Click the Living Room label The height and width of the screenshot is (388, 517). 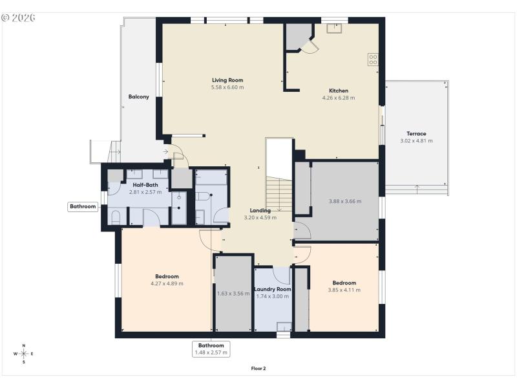point(227,80)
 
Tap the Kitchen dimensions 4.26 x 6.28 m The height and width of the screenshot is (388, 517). point(339,98)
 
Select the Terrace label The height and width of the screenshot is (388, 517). point(416,134)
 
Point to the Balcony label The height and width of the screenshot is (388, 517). point(138,97)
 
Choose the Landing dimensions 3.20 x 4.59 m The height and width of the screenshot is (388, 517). point(260,218)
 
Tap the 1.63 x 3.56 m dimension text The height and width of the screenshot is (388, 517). point(233,293)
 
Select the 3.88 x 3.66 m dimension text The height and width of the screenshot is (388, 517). point(344,201)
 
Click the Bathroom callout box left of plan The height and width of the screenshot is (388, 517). point(83,207)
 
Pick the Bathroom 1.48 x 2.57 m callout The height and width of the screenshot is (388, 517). point(211,349)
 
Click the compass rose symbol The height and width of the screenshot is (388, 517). point(24,354)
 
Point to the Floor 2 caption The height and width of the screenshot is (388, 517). point(258,369)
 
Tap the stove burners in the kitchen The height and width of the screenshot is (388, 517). point(373,59)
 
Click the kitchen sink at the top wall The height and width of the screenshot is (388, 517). point(335,28)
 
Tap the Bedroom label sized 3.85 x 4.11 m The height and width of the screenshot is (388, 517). point(344,283)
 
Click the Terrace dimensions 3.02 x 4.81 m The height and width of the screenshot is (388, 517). point(416,141)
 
